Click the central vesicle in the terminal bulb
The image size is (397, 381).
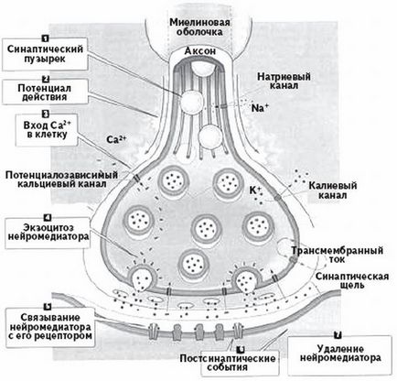pyautogui.click(x=200, y=225)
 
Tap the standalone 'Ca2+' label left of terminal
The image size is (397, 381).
pyautogui.click(x=117, y=142)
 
